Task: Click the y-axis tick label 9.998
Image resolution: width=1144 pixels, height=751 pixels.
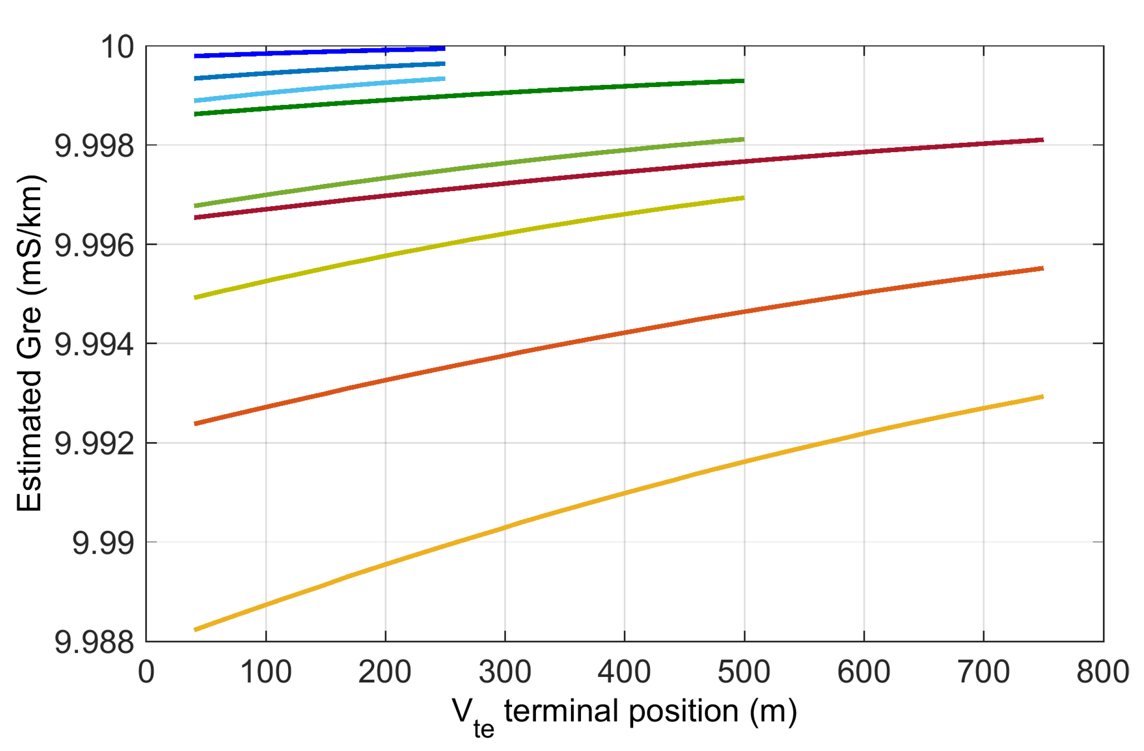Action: pos(94,146)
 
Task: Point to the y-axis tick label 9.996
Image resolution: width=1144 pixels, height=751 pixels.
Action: pos(94,245)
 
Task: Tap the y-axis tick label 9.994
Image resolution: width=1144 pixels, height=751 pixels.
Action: pos(94,345)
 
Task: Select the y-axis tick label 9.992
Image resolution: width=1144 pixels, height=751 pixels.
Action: pos(94,444)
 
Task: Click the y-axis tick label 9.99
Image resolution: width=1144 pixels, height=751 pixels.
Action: pos(103,543)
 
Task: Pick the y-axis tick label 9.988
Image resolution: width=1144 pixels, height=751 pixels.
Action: pos(94,642)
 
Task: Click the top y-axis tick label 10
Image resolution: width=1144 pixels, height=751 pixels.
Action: pos(117,47)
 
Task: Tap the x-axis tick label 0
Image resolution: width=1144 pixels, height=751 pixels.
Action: pos(146,672)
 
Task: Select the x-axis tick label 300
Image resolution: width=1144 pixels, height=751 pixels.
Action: pos(505,672)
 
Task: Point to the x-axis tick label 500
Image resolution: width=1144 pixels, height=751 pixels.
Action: pos(744,672)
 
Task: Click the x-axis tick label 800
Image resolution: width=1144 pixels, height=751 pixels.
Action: pos(1102,672)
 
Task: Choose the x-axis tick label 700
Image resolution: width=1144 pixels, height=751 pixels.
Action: pos(983,672)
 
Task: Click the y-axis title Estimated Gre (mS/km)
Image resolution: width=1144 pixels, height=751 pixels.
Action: pos(30,343)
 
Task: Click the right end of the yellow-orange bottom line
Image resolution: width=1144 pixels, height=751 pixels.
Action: pos(1043,397)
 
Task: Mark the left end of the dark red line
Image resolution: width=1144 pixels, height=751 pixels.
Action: pos(195,217)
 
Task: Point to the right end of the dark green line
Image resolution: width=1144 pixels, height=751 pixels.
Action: pos(743,81)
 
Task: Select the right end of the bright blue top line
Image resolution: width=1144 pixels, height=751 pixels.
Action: pos(444,48)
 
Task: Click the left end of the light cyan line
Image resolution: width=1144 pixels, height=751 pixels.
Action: pos(195,101)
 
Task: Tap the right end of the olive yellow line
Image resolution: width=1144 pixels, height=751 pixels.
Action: pos(743,198)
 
